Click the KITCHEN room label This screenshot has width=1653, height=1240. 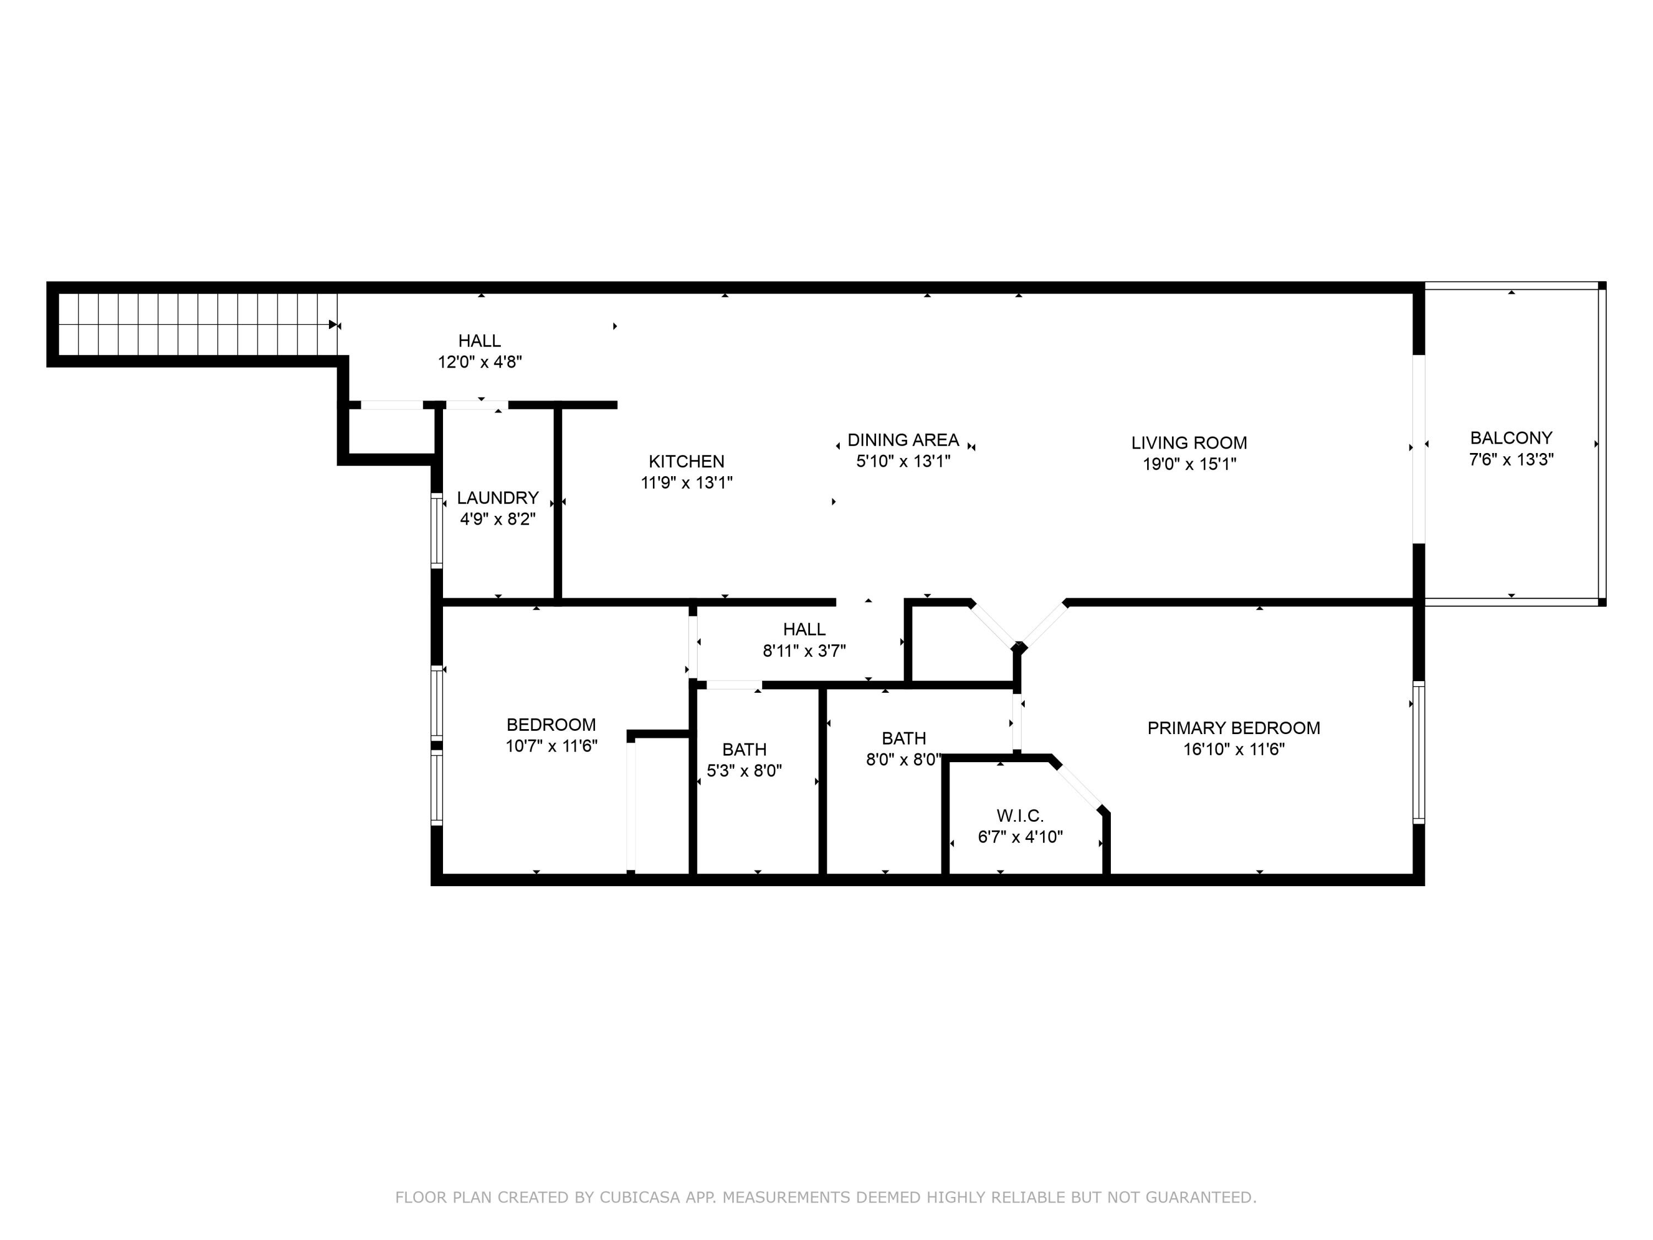click(x=686, y=461)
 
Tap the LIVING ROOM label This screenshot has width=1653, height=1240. click(x=1189, y=443)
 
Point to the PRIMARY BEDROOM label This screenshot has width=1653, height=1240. click(x=1234, y=727)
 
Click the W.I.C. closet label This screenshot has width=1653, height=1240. click(x=1020, y=816)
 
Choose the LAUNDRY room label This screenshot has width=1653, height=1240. click(x=498, y=497)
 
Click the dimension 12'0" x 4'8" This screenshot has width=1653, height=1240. click(x=480, y=362)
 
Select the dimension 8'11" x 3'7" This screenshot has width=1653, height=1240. click(x=804, y=650)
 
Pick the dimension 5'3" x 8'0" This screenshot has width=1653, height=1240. click(x=744, y=770)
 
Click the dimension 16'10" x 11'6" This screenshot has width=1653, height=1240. click(x=1234, y=748)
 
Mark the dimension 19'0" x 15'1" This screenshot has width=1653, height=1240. click(x=1189, y=463)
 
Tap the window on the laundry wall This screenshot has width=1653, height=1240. click(x=436, y=530)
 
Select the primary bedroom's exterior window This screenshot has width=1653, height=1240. click(x=1418, y=752)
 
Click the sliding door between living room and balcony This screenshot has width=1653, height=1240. click(x=1418, y=449)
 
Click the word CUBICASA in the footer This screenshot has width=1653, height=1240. click(x=640, y=1198)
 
